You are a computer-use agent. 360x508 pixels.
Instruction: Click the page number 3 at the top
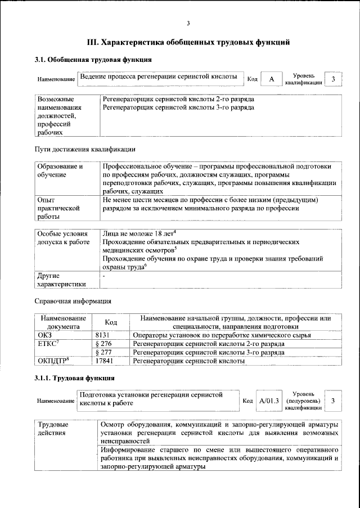(x=188, y=23)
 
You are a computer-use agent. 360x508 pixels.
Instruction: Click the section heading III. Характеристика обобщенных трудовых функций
(x=188, y=42)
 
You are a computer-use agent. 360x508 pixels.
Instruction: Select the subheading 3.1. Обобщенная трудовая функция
(x=93, y=60)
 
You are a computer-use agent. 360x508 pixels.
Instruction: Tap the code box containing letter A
(x=271, y=79)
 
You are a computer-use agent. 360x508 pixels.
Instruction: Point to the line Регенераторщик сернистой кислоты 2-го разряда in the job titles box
(x=178, y=98)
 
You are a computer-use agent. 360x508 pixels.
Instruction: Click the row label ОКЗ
(x=44, y=335)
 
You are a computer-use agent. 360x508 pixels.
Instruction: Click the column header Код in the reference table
(x=111, y=322)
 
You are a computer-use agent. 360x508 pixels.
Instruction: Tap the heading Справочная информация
(x=73, y=301)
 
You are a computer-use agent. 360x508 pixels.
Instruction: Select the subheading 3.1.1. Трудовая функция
(x=75, y=377)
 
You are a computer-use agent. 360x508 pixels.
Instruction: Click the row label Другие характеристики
(x=61, y=280)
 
